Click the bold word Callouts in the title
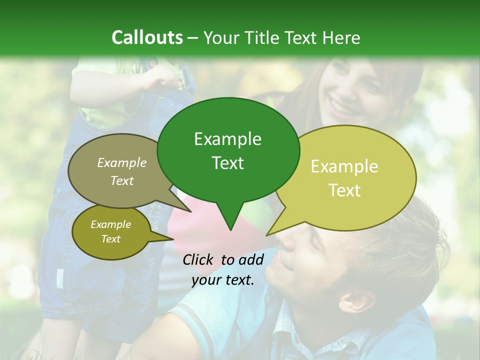pyautogui.click(x=147, y=37)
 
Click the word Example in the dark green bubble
pyautogui.click(x=227, y=139)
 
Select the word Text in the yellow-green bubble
pyautogui.click(x=344, y=190)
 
